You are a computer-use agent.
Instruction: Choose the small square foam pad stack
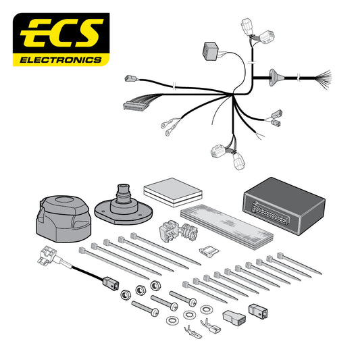(x=170, y=189)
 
